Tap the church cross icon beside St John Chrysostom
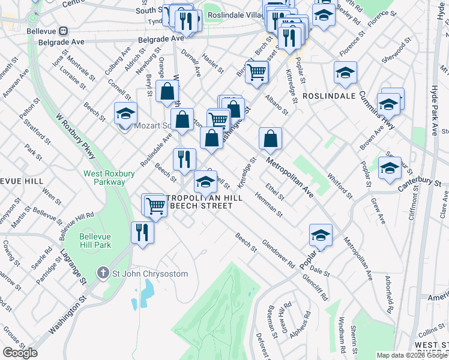[104, 274]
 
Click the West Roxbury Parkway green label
[104, 178]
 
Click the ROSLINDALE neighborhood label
[325, 96]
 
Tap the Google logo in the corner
[20, 352]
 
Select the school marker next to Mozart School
[125, 112]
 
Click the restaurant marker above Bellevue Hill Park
[142, 232]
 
